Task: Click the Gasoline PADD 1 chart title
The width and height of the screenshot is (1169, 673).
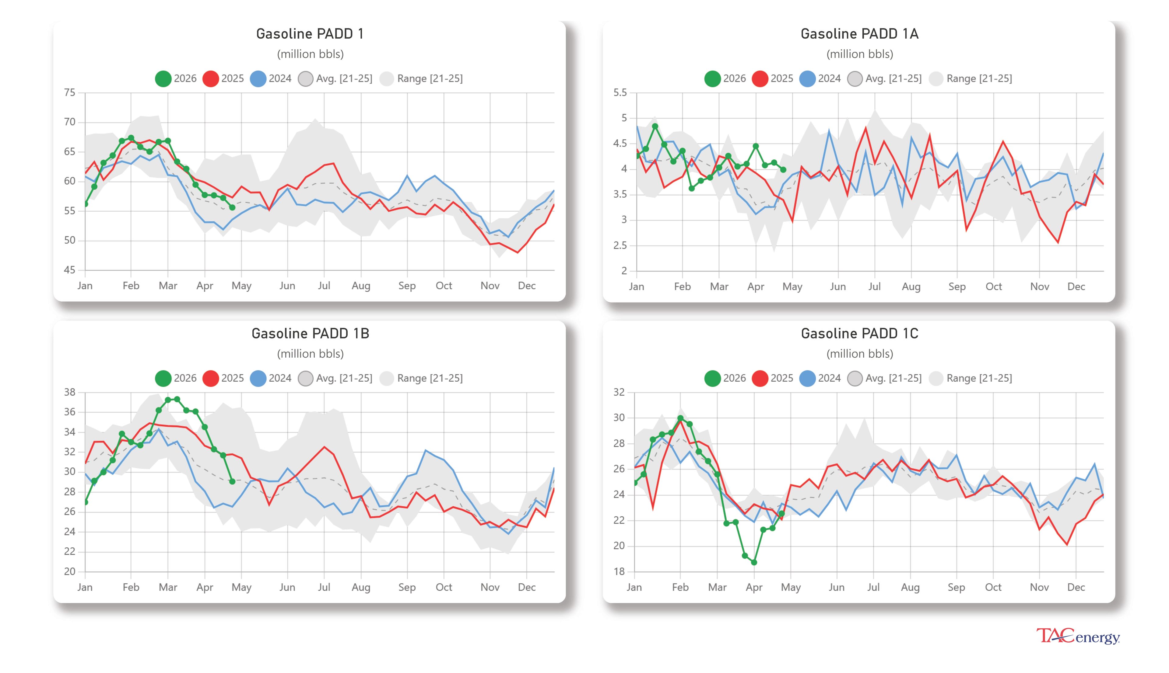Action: point(310,34)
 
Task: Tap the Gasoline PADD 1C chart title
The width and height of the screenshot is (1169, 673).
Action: point(859,333)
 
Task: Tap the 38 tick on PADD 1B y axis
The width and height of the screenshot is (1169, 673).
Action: point(69,392)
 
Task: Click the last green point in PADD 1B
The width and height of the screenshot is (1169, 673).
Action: point(232,482)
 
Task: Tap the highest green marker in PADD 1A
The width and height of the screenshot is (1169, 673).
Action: point(655,126)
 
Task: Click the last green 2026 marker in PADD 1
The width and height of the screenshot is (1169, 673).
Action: point(232,207)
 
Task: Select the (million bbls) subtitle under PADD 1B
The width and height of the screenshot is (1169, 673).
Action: point(310,354)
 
